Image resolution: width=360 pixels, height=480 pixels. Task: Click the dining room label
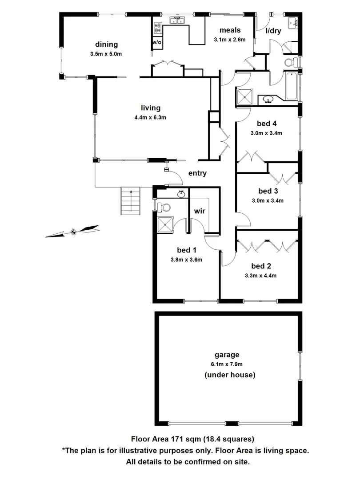(x=106, y=44)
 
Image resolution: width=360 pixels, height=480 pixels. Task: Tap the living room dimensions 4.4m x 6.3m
(x=150, y=117)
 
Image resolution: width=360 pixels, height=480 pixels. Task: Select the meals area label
(x=230, y=30)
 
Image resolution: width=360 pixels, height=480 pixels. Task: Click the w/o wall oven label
(x=157, y=43)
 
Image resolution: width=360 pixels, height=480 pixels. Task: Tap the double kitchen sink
(x=178, y=20)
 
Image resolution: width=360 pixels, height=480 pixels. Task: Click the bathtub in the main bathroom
(x=291, y=85)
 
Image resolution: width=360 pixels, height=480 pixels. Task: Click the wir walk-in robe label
(x=200, y=211)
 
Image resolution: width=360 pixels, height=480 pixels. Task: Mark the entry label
(x=197, y=173)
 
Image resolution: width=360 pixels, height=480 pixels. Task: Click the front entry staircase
(x=131, y=200)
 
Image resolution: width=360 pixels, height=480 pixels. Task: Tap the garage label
(x=227, y=355)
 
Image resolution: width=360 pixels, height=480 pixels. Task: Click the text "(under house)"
(x=229, y=375)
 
